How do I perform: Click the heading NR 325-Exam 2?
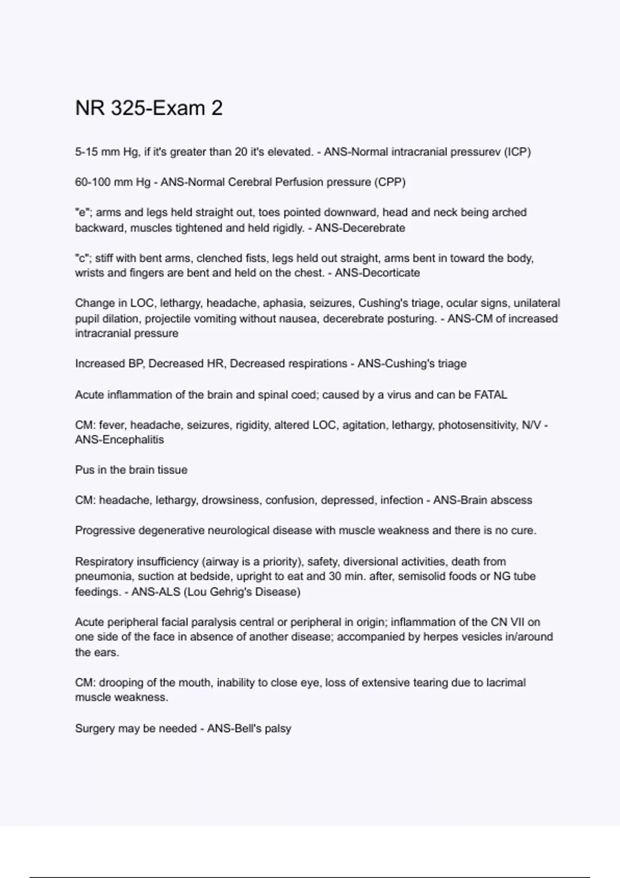[x=149, y=108]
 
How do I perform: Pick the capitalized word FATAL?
[x=490, y=395]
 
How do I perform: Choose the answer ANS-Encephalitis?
[x=119, y=440]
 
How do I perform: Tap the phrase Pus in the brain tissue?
[x=131, y=470]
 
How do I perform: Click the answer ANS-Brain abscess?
[x=482, y=500]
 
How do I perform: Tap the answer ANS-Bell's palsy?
[x=249, y=728]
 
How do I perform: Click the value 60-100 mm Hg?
[x=113, y=182]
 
